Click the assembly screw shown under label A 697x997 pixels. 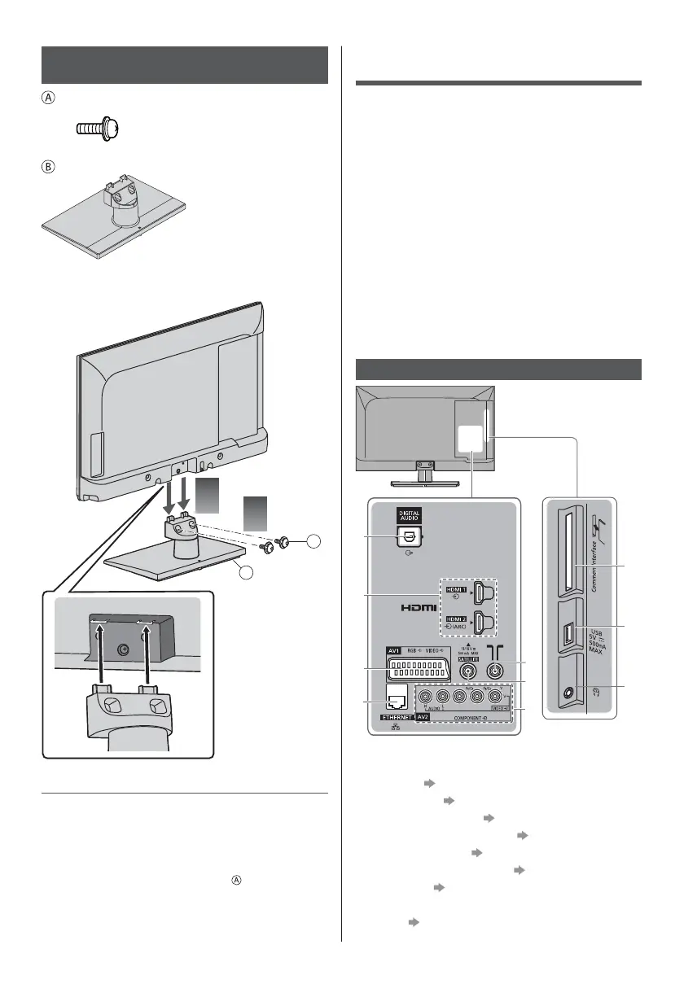point(98,128)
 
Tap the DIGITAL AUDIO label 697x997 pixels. point(407,515)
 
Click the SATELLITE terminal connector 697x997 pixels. point(470,671)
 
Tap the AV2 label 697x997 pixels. point(423,719)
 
